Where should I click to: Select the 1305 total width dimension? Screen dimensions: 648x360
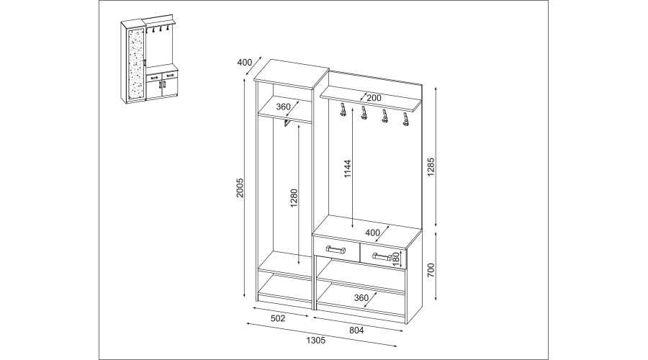pyautogui.click(x=316, y=340)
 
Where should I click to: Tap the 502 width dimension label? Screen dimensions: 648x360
pyautogui.click(x=278, y=318)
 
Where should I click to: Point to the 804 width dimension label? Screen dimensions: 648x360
pyautogui.click(x=356, y=330)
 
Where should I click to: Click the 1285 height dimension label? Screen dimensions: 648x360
pyautogui.click(x=431, y=166)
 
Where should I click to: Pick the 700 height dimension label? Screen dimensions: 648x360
pyautogui.click(x=431, y=269)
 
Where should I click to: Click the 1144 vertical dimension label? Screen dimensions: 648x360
pyautogui.click(x=347, y=169)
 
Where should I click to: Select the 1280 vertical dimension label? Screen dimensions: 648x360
pyautogui.click(x=294, y=198)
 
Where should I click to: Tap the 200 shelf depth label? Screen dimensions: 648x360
pyautogui.click(x=374, y=98)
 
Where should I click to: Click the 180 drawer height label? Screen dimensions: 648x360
pyautogui.click(x=396, y=259)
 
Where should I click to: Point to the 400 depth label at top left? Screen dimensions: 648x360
pyautogui.click(x=245, y=63)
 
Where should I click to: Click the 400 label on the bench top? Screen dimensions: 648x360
pyautogui.click(x=373, y=233)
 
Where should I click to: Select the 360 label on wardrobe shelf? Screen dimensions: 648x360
pyautogui.click(x=283, y=107)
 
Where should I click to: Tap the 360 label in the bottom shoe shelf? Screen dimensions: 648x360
pyautogui.click(x=361, y=297)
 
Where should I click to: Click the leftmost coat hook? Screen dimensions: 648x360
pyautogui.click(x=343, y=110)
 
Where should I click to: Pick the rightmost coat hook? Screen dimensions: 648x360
pyautogui.click(x=405, y=118)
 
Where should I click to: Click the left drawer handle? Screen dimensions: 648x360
pyautogui.click(x=336, y=249)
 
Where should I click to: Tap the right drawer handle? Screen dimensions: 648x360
pyautogui.click(x=382, y=256)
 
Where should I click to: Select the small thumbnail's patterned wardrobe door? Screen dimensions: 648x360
pyautogui.click(x=136, y=63)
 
